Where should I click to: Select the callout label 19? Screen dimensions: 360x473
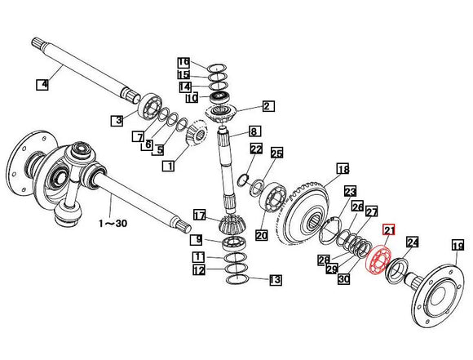click(x=457, y=245)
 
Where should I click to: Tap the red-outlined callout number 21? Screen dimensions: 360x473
click(x=388, y=231)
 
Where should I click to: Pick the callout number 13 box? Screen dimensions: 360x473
click(x=275, y=280)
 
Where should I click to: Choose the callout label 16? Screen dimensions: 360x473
click(x=183, y=62)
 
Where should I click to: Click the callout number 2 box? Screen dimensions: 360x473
click(x=267, y=106)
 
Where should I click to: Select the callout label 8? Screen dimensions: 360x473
click(x=254, y=131)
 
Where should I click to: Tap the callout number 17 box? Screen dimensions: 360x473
click(x=199, y=216)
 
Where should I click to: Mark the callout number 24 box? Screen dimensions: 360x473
click(x=412, y=242)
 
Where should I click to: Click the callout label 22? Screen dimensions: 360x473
click(x=255, y=149)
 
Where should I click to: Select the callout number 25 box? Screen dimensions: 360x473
click(x=276, y=153)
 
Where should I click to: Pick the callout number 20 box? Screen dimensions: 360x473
click(x=261, y=236)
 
